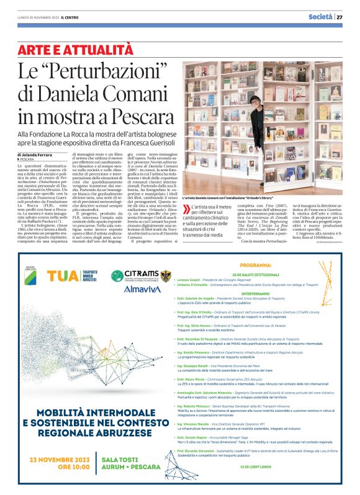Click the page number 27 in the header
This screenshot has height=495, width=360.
tap(340, 17)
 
